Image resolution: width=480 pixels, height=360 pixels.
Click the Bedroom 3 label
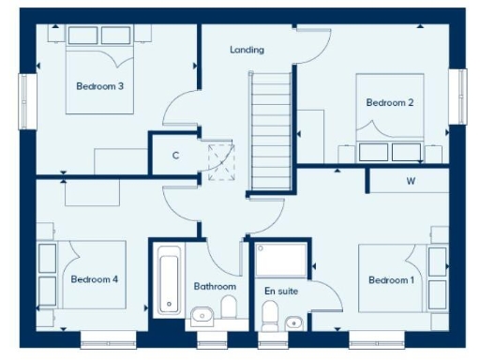pyautogui.click(x=100, y=86)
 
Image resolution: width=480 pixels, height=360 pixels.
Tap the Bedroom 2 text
pyautogui.click(x=390, y=102)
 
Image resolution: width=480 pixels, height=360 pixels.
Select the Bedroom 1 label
pyautogui.click(x=392, y=280)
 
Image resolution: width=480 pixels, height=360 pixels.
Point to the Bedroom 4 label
pyautogui.click(x=94, y=279)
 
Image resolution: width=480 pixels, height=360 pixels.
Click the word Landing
pyautogui.click(x=247, y=50)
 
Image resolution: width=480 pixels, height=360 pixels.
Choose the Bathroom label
pyautogui.click(x=215, y=286)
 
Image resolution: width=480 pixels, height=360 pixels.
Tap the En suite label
pyautogui.click(x=280, y=292)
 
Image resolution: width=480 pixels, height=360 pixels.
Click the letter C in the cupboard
pyautogui.click(x=175, y=156)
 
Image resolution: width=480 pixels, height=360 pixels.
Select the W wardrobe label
pyautogui.click(x=411, y=180)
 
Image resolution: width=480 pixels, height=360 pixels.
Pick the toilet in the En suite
pyautogui.click(x=269, y=321)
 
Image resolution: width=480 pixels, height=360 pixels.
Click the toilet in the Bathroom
pyautogui.click(x=228, y=309)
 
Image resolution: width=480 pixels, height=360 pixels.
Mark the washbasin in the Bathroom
pyautogui.click(x=201, y=315)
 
